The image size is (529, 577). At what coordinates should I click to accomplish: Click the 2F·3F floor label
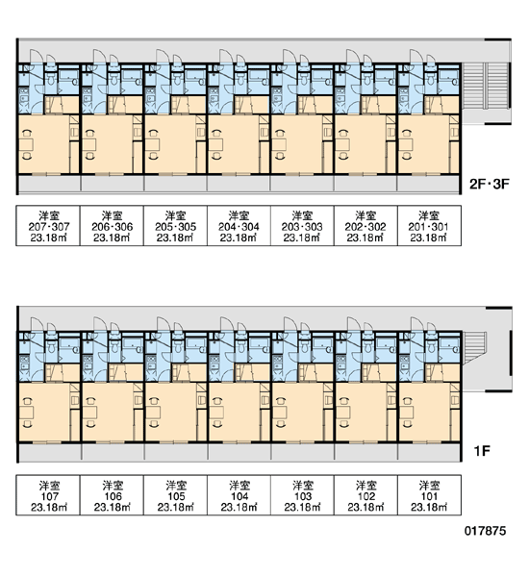[490, 184]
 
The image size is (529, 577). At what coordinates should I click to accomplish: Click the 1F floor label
[482, 451]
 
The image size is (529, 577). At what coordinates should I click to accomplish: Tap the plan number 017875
[485, 531]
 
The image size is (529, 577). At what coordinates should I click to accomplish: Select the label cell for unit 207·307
[48, 226]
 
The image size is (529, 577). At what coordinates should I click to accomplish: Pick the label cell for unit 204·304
[239, 226]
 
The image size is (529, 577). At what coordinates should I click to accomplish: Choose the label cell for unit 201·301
[429, 226]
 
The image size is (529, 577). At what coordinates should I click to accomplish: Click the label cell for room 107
[48, 495]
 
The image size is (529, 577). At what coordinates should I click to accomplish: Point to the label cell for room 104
[239, 495]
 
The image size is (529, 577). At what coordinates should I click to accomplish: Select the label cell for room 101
[429, 495]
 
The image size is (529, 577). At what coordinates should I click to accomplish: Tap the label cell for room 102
[365, 495]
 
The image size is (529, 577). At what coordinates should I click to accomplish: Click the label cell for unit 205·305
[176, 226]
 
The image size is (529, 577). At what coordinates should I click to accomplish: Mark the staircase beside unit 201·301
[485, 86]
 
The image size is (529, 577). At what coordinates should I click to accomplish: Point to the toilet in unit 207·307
[51, 78]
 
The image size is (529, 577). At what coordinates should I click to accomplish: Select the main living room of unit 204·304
[234, 144]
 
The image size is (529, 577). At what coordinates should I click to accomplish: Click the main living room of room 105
[170, 412]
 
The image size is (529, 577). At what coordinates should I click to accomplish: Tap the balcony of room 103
[303, 452]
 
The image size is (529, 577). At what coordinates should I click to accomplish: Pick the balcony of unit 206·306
[113, 184]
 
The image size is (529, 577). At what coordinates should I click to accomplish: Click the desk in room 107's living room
[26, 412]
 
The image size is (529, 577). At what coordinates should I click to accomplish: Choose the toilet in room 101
[431, 346]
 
